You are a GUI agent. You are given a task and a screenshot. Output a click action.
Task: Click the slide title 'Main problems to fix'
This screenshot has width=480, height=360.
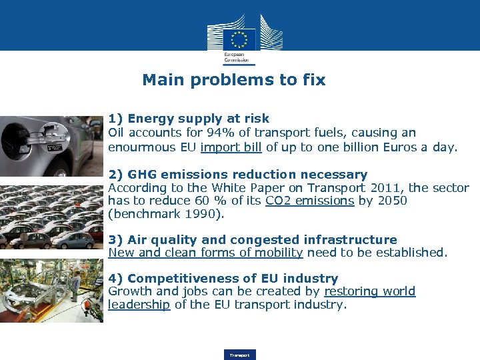pyautogui.click(x=233, y=80)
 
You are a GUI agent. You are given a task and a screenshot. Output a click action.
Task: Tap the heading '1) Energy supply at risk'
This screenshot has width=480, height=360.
pyautogui.click(x=189, y=119)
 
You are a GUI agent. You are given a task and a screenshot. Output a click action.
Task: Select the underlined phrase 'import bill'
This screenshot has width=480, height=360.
pyautogui.click(x=231, y=147)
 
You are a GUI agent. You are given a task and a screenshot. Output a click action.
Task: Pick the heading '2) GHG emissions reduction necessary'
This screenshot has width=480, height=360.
pyautogui.click(x=237, y=175)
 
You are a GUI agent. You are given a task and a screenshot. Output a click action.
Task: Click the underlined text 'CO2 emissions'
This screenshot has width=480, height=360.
pyautogui.click(x=309, y=201)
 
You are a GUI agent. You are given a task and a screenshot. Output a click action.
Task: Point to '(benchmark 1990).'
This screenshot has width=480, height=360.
pyautogui.click(x=167, y=214)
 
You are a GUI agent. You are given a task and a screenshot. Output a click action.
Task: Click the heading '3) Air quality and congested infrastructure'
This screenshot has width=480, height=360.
pyautogui.click(x=253, y=239)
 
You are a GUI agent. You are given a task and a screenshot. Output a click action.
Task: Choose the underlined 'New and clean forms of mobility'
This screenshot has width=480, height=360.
pyautogui.click(x=205, y=253)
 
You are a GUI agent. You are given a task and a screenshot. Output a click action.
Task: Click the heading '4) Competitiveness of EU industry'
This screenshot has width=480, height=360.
pyautogui.click(x=223, y=278)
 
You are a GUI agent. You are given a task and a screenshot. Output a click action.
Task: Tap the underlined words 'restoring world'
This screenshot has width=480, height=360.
pyautogui.click(x=369, y=291)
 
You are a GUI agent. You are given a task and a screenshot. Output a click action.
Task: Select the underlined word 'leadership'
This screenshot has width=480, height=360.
pyautogui.click(x=139, y=305)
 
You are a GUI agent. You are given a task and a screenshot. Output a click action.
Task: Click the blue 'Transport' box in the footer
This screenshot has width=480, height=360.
pyautogui.click(x=239, y=355)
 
